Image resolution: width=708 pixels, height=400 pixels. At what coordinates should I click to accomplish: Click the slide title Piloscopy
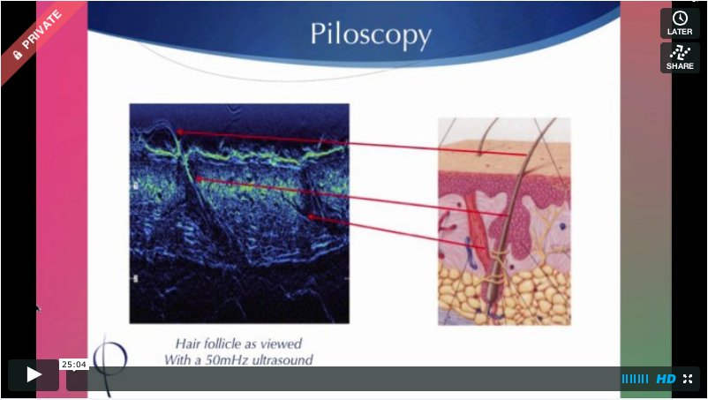point(371,35)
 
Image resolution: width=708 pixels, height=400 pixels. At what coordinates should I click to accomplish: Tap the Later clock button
point(680,24)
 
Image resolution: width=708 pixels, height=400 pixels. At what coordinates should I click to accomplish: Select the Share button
point(680,57)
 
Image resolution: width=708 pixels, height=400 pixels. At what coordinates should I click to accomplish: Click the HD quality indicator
point(666,379)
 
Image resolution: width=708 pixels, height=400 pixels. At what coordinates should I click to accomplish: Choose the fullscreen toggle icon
point(688,379)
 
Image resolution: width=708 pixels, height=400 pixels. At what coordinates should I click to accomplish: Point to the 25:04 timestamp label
point(74,365)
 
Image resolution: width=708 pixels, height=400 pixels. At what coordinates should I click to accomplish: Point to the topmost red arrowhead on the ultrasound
point(180,132)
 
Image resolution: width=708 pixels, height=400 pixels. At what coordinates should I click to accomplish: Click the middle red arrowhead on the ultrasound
point(199,179)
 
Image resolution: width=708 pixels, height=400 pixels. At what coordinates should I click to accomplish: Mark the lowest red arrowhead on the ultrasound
point(311,217)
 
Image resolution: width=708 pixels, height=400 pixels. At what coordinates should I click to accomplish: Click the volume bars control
point(635,379)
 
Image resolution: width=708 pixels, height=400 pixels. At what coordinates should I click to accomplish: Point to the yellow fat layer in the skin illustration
point(528,289)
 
